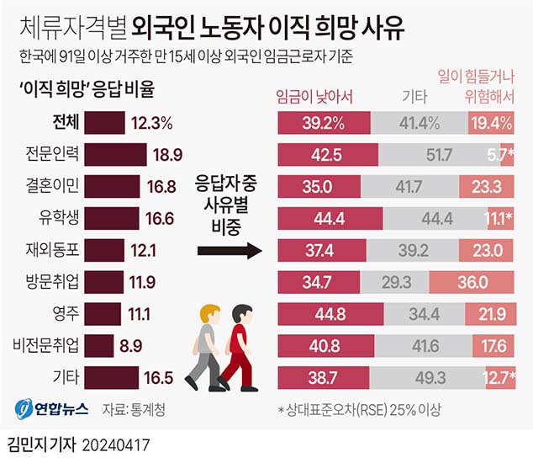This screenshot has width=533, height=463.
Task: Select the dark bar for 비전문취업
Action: (x=100, y=345)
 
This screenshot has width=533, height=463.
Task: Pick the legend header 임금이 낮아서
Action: (x=314, y=95)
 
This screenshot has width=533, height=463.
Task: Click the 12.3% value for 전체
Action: (x=152, y=123)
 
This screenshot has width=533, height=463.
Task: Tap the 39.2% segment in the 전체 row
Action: (x=324, y=123)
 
